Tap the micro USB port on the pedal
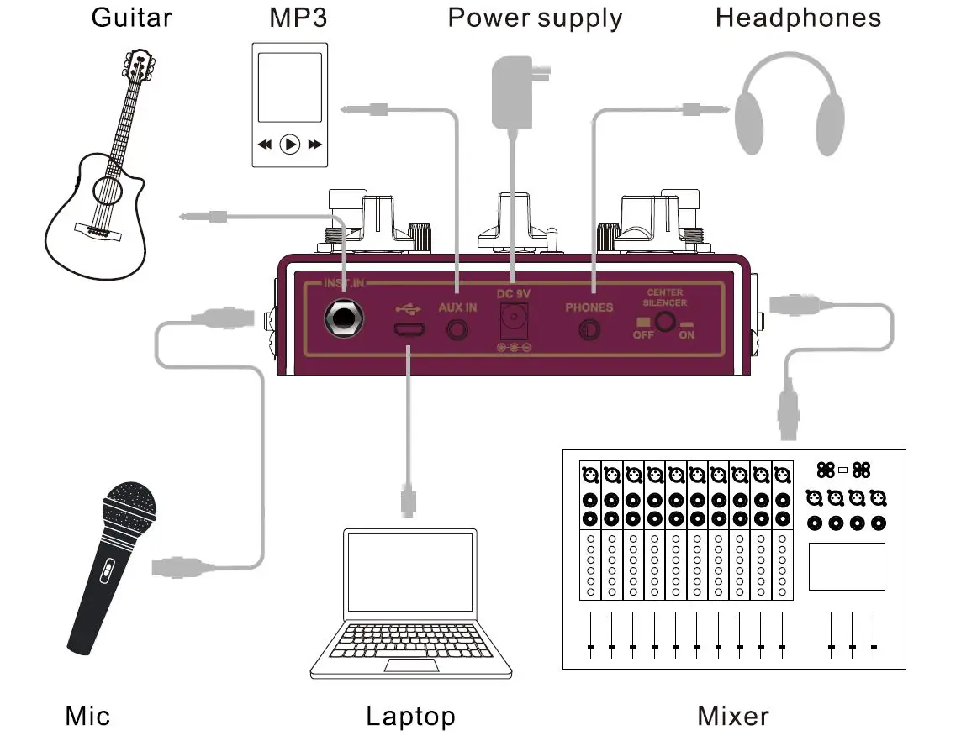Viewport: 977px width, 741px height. coord(409,330)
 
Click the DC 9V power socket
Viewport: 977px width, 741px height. coord(514,321)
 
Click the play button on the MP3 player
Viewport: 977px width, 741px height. coord(290,145)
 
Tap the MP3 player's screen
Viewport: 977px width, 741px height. coord(290,87)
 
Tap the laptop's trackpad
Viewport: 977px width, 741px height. coord(412,665)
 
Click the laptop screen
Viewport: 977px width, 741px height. coord(411,572)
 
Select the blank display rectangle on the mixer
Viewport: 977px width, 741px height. coord(847,566)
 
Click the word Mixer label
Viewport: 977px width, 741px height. coord(733,716)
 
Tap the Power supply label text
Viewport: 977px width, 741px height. coord(535,18)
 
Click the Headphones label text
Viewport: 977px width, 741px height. coord(798,18)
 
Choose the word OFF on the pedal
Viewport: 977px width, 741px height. coord(643,334)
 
